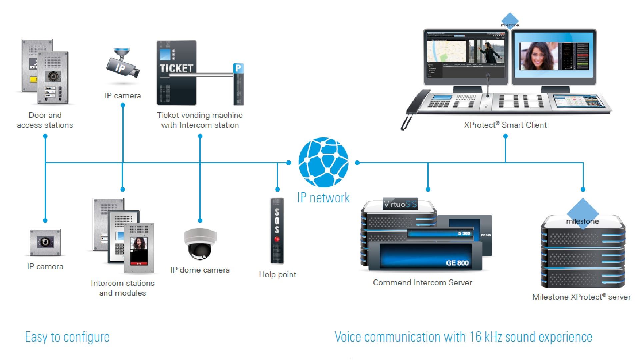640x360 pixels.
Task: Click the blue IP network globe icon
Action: (x=323, y=162)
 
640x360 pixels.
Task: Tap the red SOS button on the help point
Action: (x=277, y=239)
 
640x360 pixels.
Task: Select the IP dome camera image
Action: (x=200, y=244)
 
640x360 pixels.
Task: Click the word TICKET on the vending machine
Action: (x=176, y=68)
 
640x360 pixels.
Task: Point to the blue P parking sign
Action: (x=238, y=68)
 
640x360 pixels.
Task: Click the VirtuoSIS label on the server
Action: (x=400, y=204)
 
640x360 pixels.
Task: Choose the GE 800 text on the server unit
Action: (x=457, y=263)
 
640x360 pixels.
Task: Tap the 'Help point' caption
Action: (x=277, y=275)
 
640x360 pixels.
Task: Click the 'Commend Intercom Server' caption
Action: (x=422, y=283)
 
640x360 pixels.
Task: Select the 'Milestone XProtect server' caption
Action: (x=581, y=297)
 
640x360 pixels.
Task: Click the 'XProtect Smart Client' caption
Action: (x=505, y=125)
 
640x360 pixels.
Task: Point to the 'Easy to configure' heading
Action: (x=67, y=337)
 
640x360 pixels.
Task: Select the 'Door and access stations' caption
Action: (x=45, y=120)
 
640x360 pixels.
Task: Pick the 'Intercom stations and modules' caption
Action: (x=123, y=288)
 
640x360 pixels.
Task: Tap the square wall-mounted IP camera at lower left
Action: (x=45, y=242)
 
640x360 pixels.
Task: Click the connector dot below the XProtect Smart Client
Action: (x=505, y=136)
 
